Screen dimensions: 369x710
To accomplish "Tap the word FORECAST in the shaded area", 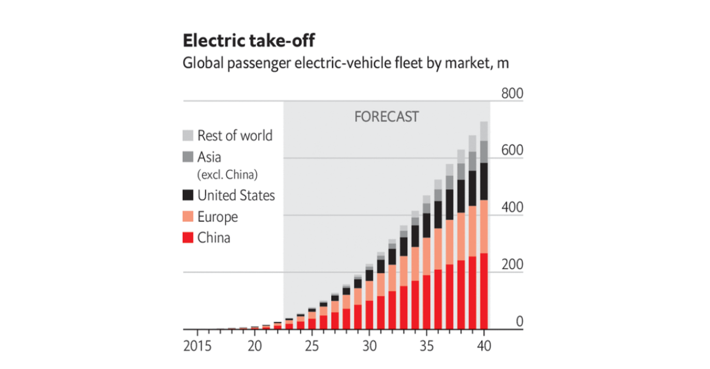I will pos(386,117).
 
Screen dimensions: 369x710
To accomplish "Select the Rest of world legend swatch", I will pos(188,135).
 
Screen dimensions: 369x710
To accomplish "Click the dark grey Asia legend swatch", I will pos(188,157).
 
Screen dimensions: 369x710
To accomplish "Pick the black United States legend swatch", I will pos(188,195).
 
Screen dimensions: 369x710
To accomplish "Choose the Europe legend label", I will pos(217,217).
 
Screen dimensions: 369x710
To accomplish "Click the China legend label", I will pos(214,238).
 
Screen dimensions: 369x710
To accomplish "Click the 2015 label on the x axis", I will pos(197,346).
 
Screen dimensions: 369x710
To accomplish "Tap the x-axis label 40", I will pos(484,346).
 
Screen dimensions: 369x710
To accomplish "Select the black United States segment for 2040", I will pos(484,181).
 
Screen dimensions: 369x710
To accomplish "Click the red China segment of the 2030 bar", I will pos(369,315).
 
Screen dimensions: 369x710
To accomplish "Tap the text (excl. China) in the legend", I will pos(227,175).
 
